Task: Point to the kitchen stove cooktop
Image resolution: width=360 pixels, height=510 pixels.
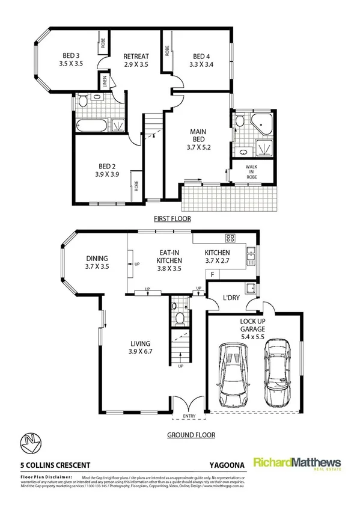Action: [230, 237]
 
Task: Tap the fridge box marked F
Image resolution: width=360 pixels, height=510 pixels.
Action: [212, 274]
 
